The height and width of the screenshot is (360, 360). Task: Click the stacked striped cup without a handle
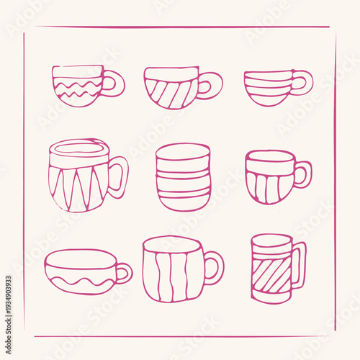183,176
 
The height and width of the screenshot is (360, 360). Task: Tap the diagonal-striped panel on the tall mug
271,274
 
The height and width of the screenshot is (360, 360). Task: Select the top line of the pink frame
180,28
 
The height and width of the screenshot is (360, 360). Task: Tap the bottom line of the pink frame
180,336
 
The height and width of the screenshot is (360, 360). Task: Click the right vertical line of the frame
335,180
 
